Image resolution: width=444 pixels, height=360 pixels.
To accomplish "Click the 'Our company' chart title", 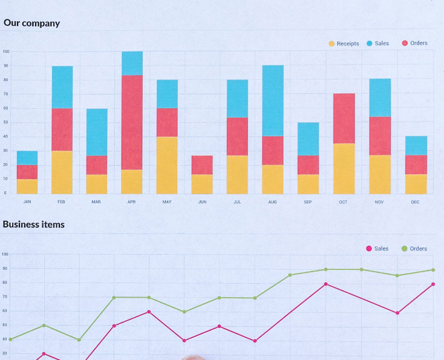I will pos(31,23).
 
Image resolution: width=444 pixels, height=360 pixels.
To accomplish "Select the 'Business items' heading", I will pos(33,224).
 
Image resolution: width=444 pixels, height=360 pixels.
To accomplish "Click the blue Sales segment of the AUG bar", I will pos(273,100).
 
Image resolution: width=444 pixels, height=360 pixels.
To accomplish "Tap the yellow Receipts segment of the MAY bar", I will pos(167,165).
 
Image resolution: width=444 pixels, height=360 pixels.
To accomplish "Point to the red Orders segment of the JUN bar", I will pos(202,165).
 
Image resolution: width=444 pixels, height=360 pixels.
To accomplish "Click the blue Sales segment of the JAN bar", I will pos(27,158).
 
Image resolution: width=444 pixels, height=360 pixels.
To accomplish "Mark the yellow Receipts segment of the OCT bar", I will pos(344,168).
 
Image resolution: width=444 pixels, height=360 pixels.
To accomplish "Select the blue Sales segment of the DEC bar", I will pos(416,145).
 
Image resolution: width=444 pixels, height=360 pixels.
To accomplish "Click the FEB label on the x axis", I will pos(61,202).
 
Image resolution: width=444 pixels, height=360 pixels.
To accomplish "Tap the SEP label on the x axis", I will pos(308,202).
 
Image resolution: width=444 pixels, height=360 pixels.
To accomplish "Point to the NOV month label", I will pos(379,202).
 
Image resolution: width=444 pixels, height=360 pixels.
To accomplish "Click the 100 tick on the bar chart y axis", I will pos(5,51).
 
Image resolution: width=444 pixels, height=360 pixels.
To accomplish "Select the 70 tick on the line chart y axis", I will pos(5,296).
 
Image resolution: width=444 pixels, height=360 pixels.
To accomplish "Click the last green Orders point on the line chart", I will pos(433,270).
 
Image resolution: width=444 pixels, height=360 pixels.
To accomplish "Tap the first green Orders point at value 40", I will pos(10,339).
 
